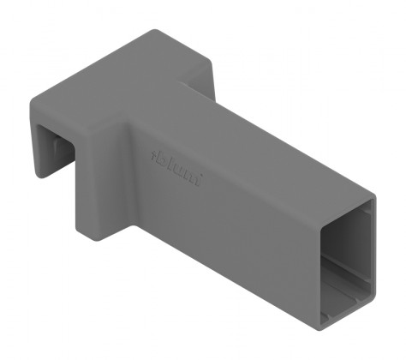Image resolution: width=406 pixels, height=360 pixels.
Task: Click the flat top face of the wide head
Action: pos(128,81)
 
